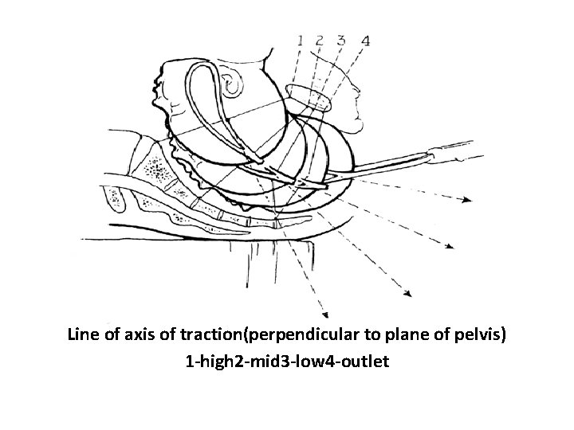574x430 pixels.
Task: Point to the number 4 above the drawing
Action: pyautogui.click(x=364, y=40)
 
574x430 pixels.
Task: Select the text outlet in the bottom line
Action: pyautogui.click(x=366, y=362)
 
